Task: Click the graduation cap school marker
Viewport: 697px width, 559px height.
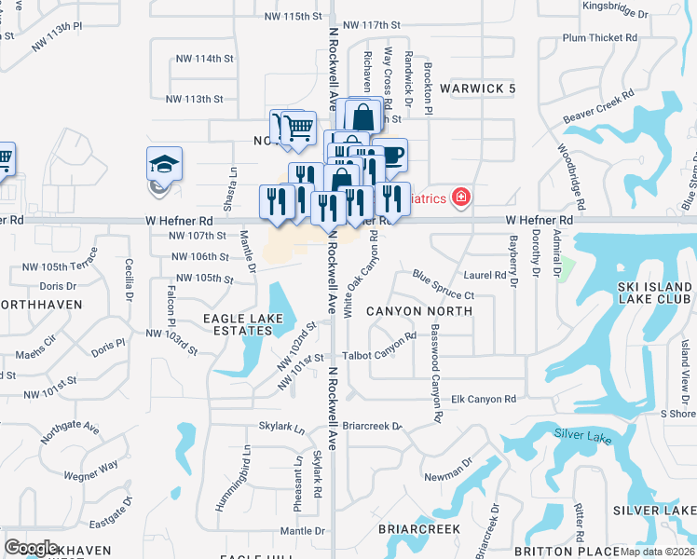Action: (163, 165)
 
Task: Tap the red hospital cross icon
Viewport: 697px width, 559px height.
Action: (460, 198)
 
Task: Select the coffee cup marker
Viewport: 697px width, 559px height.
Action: (392, 155)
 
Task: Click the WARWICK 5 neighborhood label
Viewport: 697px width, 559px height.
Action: (478, 89)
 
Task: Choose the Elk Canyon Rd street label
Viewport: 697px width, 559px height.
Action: (483, 400)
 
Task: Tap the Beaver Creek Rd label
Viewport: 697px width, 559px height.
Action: (598, 108)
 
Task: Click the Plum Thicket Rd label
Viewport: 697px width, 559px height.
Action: (600, 38)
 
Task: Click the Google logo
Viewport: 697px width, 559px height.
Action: (30, 547)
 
